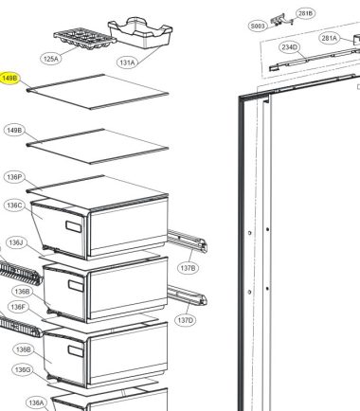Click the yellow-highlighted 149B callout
10,79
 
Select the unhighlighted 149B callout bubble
14,130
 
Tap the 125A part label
51,59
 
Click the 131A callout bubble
127,63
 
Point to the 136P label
14,177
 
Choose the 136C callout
14,205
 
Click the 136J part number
16,242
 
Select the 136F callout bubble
19,307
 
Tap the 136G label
23,369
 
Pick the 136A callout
36,402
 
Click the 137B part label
188,268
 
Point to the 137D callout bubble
185,321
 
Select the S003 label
258,27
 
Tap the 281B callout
305,13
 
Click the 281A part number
329,38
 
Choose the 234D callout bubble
289,47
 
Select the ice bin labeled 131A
140,32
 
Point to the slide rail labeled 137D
187,295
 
